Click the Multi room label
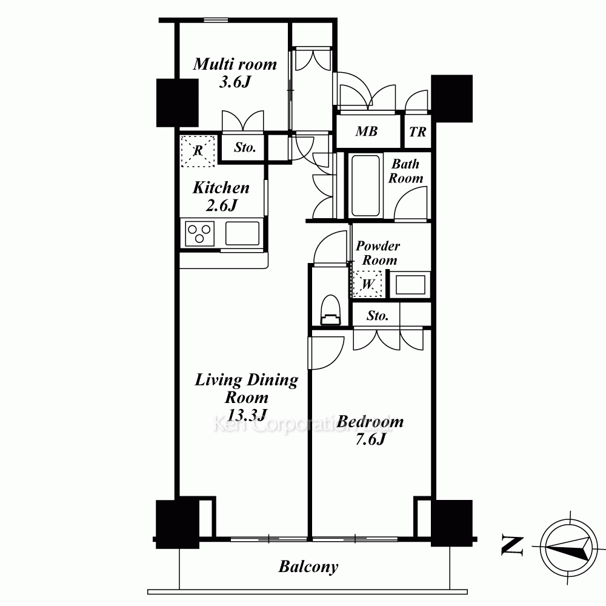point(235,64)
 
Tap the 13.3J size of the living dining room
point(247,415)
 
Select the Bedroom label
point(370,422)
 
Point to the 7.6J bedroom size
point(370,439)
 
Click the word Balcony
point(308,567)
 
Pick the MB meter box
point(367,132)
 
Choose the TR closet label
point(418,132)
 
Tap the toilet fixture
point(330,310)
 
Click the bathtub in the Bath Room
point(365,185)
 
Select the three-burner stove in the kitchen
point(199,233)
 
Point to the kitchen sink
point(242,233)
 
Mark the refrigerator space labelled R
point(198,151)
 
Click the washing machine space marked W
point(368,284)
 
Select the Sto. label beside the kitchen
point(245,148)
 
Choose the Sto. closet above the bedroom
point(377,316)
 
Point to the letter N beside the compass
point(513,546)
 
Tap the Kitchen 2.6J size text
point(221,205)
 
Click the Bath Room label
point(405,171)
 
